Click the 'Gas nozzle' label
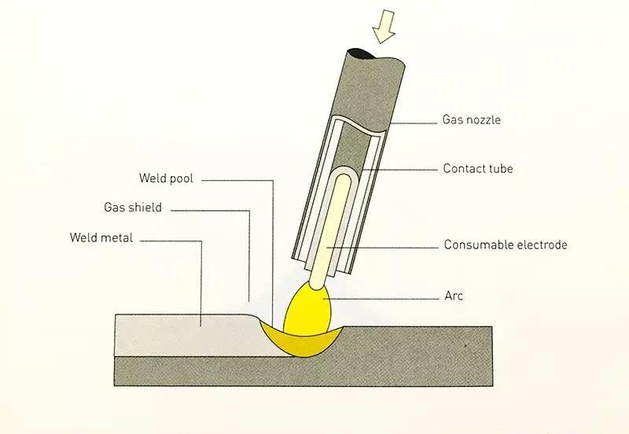(x=472, y=121)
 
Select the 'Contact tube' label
(x=477, y=168)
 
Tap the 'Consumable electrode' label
(x=505, y=245)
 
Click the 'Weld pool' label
(x=166, y=179)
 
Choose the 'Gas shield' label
(x=133, y=208)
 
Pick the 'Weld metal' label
(x=101, y=237)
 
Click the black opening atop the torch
(x=364, y=53)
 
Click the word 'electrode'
(x=540, y=245)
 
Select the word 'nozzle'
(x=484, y=121)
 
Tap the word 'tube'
(x=501, y=168)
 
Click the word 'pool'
(x=180, y=179)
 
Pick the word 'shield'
(x=145, y=208)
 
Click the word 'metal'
(x=117, y=237)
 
